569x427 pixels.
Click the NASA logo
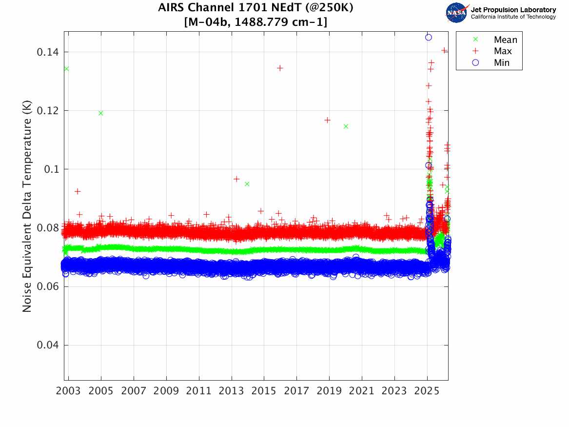pyautogui.click(x=457, y=13)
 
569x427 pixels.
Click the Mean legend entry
pyautogui.click(x=505, y=40)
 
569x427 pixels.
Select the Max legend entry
pyautogui.click(x=502, y=51)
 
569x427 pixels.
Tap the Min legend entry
pyautogui.click(x=501, y=62)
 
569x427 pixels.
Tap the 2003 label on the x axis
pyautogui.click(x=69, y=391)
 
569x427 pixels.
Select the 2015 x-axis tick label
pyautogui.click(x=264, y=391)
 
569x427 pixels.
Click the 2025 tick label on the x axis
pyautogui.click(x=427, y=391)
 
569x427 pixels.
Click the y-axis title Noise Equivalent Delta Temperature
pyautogui.click(x=27, y=208)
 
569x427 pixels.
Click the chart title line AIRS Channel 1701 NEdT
pyautogui.click(x=255, y=8)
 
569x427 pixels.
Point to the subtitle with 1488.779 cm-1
pyautogui.click(x=255, y=22)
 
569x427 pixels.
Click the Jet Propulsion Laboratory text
pyautogui.click(x=513, y=9)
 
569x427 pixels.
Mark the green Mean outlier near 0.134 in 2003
pyautogui.click(x=66, y=69)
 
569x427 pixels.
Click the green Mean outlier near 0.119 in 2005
pyautogui.click(x=101, y=113)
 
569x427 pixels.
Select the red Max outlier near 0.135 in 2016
pyautogui.click(x=280, y=68)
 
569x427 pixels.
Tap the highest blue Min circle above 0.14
pyautogui.click(x=429, y=37)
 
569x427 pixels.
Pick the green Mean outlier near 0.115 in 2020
pyautogui.click(x=346, y=126)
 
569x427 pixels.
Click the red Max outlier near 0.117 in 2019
pyautogui.click(x=328, y=120)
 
